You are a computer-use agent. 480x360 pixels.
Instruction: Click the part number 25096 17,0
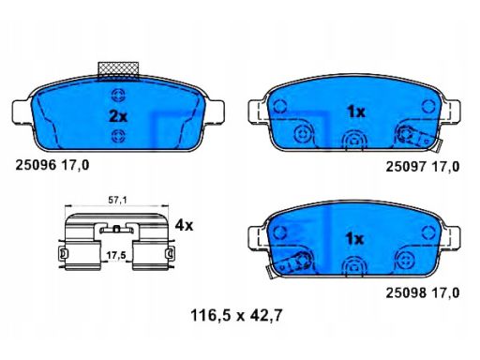click(x=52, y=165)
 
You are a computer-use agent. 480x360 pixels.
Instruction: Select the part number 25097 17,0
click(x=423, y=167)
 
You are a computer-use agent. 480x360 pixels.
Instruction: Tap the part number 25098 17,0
click(x=423, y=292)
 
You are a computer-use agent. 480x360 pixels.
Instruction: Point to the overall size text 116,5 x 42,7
click(x=236, y=315)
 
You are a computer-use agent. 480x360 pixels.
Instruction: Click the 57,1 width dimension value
click(x=117, y=201)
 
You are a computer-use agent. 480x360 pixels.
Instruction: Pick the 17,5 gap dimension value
click(x=116, y=255)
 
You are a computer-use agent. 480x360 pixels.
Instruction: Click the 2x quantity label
click(x=118, y=116)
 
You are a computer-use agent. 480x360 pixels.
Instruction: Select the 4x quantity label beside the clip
click(x=184, y=225)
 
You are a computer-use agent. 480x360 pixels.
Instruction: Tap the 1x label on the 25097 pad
click(x=356, y=112)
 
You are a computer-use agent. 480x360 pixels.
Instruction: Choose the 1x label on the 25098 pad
click(x=354, y=239)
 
